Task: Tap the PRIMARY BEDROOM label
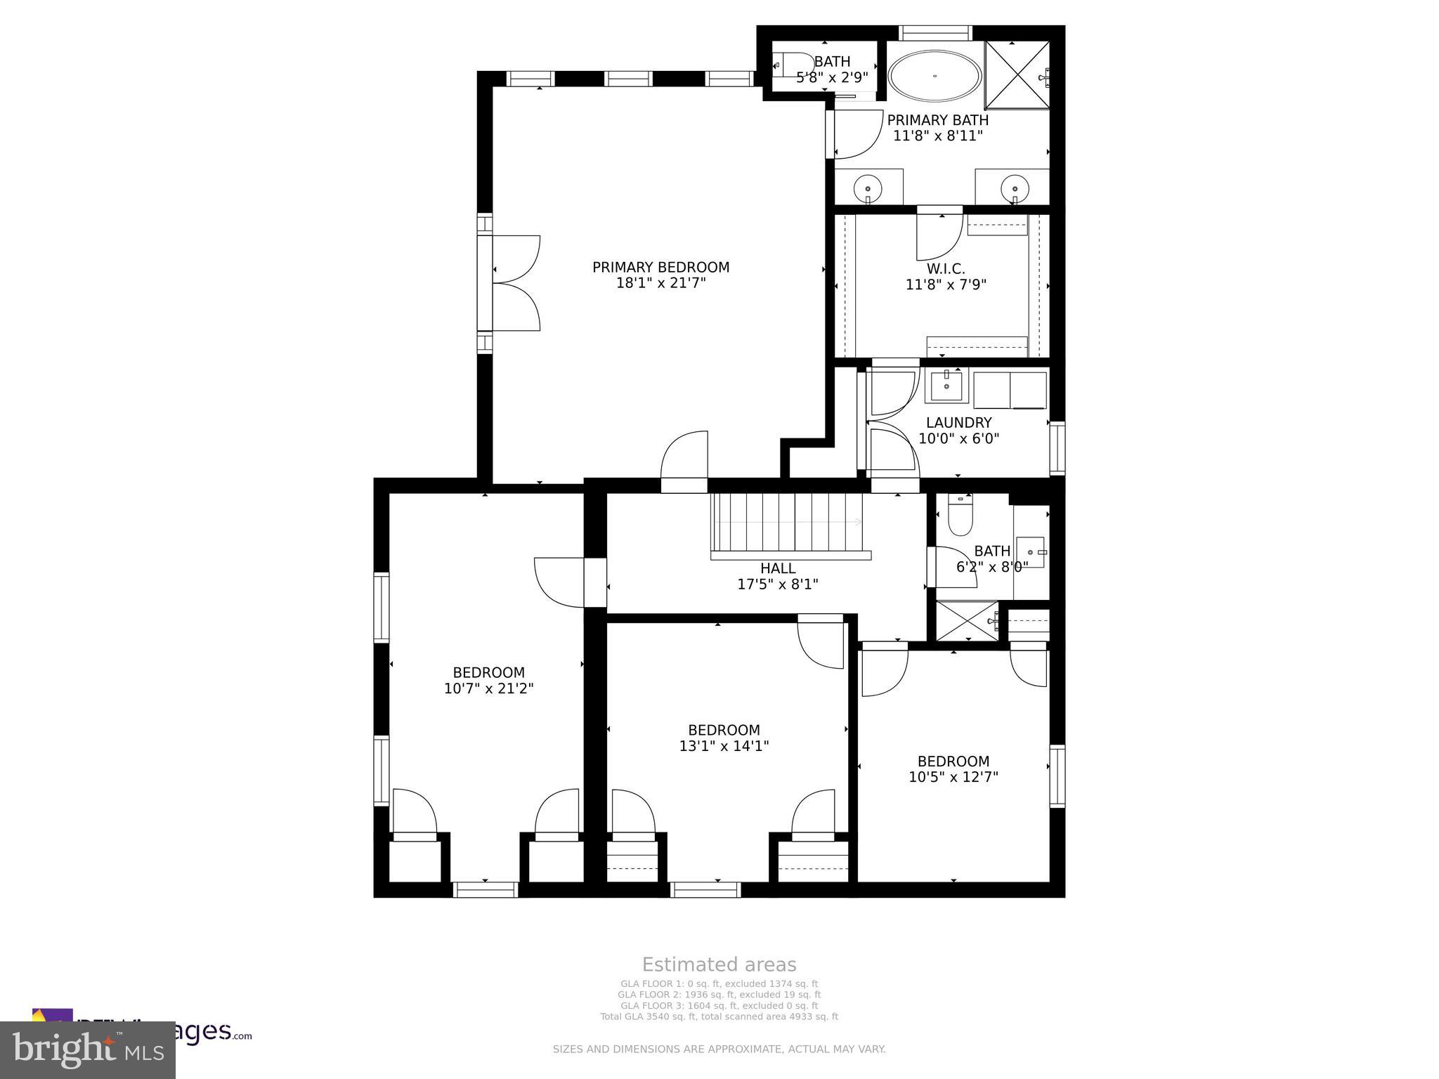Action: (660, 267)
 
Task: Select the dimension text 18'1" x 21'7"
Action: (660, 283)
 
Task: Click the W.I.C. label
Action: (946, 268)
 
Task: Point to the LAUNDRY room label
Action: (958, 422)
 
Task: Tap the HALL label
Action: (778, 568)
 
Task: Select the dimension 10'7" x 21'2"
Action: (488, 688)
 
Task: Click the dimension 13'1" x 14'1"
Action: (724, 746)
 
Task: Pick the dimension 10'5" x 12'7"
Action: (953, 777)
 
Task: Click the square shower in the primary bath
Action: (1017, 75)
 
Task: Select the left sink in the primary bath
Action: (868, 188)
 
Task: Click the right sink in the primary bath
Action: (1014, 188)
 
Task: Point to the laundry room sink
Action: (946, 386)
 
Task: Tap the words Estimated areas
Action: (719, 964)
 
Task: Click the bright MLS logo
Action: (87, 1049)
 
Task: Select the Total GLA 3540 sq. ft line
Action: (719, 1016)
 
